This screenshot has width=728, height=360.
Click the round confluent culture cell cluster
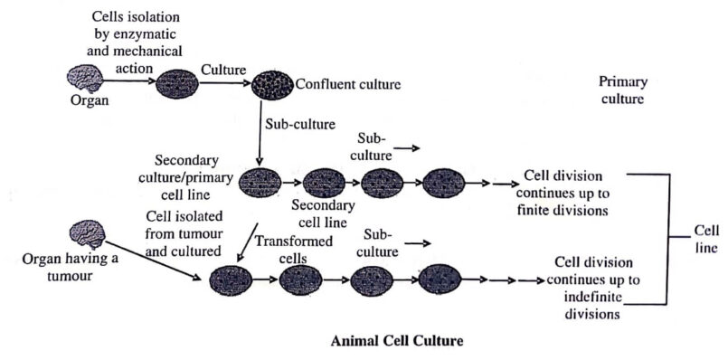271,84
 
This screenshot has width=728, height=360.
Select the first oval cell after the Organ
176,86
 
